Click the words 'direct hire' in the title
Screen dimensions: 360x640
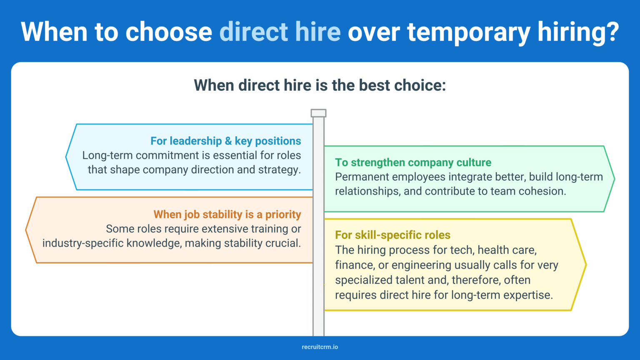point(280,32)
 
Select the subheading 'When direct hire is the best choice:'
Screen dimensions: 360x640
point(320,85)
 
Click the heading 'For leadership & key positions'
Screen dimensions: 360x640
point(225,141)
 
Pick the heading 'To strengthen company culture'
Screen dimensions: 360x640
point(413,162)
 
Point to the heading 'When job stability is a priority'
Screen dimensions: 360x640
point(227,215)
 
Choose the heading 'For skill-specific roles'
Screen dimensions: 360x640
point(392,235)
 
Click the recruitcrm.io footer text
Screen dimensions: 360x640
point(320,347)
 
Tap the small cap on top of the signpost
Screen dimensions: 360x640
point(318,113)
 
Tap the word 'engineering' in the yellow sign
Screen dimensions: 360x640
point(421,265)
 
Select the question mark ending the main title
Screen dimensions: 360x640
point(612,32)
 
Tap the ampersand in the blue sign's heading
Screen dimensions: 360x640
point(228,141)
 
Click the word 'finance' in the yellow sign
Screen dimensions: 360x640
point(354,265)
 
